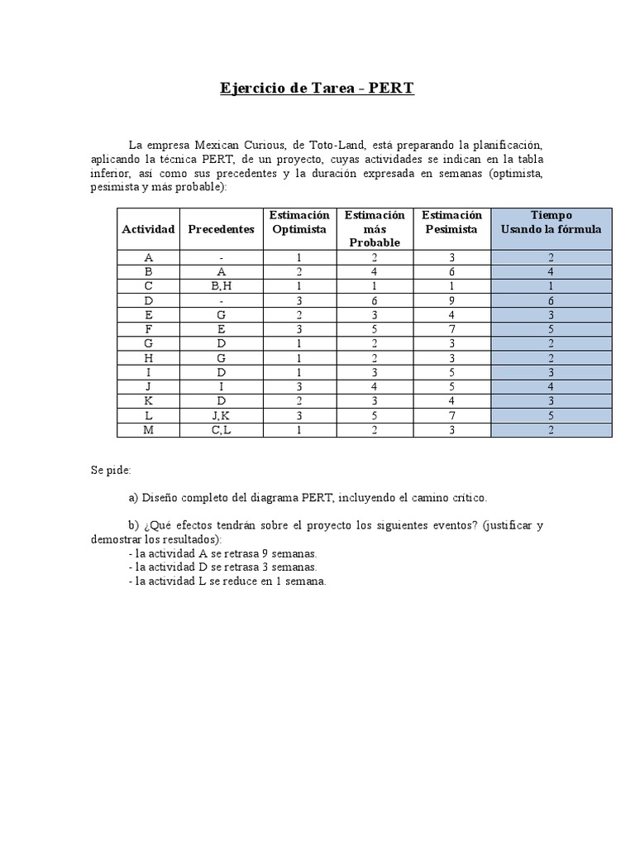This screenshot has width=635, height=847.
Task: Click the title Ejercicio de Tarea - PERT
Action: (317, 88)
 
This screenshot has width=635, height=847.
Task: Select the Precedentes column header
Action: (221, 229)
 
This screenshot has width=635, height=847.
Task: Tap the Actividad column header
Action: (148, 229)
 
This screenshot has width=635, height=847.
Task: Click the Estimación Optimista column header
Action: (299, 223)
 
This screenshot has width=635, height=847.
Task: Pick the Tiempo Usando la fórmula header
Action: (551, 223)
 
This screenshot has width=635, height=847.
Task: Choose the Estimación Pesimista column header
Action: (451, 223)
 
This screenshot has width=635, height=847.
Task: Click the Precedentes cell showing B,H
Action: (221, 286)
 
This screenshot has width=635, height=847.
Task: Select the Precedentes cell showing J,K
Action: (221, 415)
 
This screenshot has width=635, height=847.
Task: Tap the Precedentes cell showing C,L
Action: (221, 430)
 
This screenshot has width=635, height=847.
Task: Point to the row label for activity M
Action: (148, 430)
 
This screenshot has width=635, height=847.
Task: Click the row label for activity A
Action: (148, 257)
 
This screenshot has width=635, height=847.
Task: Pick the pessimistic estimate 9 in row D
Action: (451, 300)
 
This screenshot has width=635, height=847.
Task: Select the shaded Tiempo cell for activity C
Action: (551, 286)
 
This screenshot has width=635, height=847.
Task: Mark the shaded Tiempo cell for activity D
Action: (551, 300)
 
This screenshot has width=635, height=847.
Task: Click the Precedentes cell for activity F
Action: (221, 329)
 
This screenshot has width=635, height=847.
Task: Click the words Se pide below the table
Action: (111, 470)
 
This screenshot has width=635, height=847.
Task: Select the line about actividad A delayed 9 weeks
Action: (223, 553)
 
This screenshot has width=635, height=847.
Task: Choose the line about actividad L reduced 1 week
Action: (228, 581)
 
